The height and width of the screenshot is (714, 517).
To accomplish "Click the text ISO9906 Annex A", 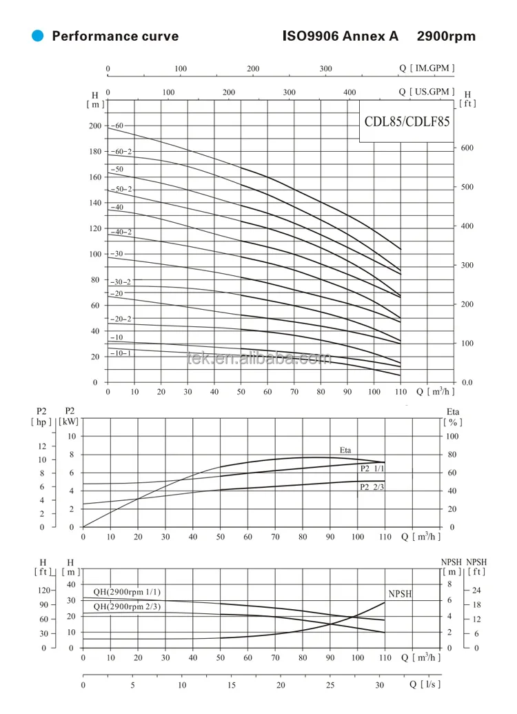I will [x=341, y=37].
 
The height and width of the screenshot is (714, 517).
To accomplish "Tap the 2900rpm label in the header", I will [x=444, y=37].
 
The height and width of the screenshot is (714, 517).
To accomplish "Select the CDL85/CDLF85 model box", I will [x=407, y=121].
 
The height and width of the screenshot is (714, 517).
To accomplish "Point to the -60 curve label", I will [x=118, y=126].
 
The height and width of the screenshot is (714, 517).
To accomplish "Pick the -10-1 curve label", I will [x=121, y=353].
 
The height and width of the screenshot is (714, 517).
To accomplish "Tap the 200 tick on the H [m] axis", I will [x=94, y=126].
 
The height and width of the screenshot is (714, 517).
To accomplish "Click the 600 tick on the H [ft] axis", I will [x=467, y=148].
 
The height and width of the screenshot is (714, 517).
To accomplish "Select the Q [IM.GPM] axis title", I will [x=427, y=68].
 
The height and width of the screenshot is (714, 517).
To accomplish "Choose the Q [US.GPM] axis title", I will [x=427, y=91].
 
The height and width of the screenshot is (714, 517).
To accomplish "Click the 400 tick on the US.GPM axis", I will [x=350, y=92].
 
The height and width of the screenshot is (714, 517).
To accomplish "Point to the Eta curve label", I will [x=345, y=450].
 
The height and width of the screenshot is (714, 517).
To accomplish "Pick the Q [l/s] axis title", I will [x=425, y=684].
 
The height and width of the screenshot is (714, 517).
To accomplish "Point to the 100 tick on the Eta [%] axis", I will [x=452, y=437].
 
